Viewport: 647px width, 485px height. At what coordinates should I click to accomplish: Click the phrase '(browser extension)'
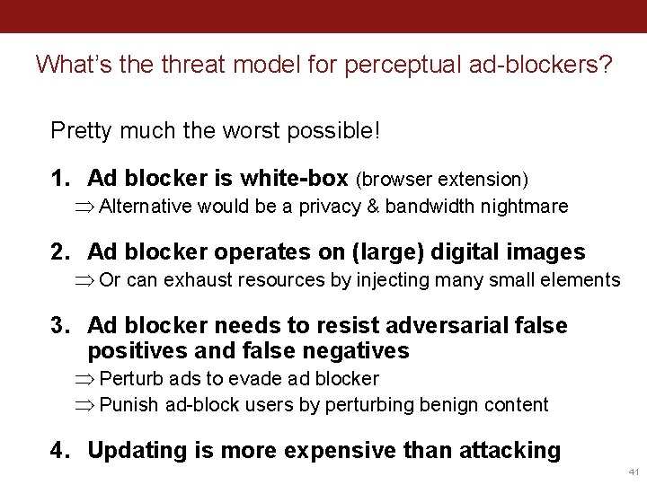point(442,180)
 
